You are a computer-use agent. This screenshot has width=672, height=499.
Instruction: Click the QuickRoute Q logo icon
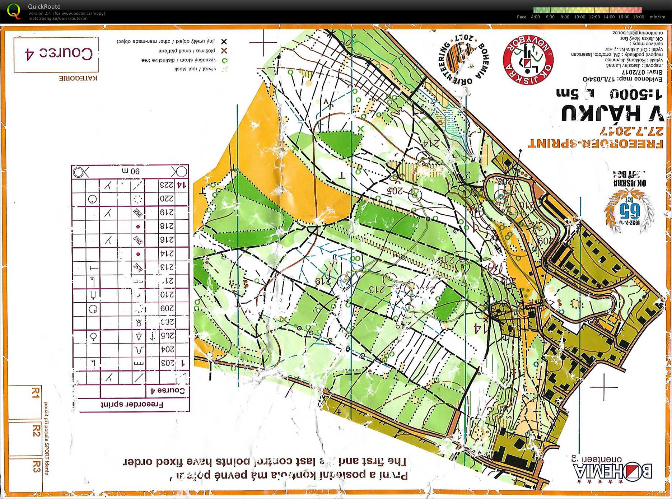click(14, 11)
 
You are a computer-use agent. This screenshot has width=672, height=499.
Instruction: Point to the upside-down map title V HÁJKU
click(612, 114)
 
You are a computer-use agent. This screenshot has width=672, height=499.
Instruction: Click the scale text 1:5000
click(635, 94)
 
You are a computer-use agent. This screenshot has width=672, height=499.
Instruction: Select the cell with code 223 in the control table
click(167, 185)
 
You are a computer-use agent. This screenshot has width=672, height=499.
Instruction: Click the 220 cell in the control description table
click(167, 199)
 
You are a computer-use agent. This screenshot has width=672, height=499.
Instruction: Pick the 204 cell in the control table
click(167, 349)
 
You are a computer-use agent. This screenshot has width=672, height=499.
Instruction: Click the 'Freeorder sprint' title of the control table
click(132, 404)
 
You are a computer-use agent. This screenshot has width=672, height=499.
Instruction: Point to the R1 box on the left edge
click(35, 392)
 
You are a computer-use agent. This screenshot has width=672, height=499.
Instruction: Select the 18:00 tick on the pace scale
click(638, 17)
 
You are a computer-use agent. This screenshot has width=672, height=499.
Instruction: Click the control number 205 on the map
click(395, 191)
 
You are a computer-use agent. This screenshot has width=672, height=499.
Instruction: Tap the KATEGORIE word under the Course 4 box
click(78, 78)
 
